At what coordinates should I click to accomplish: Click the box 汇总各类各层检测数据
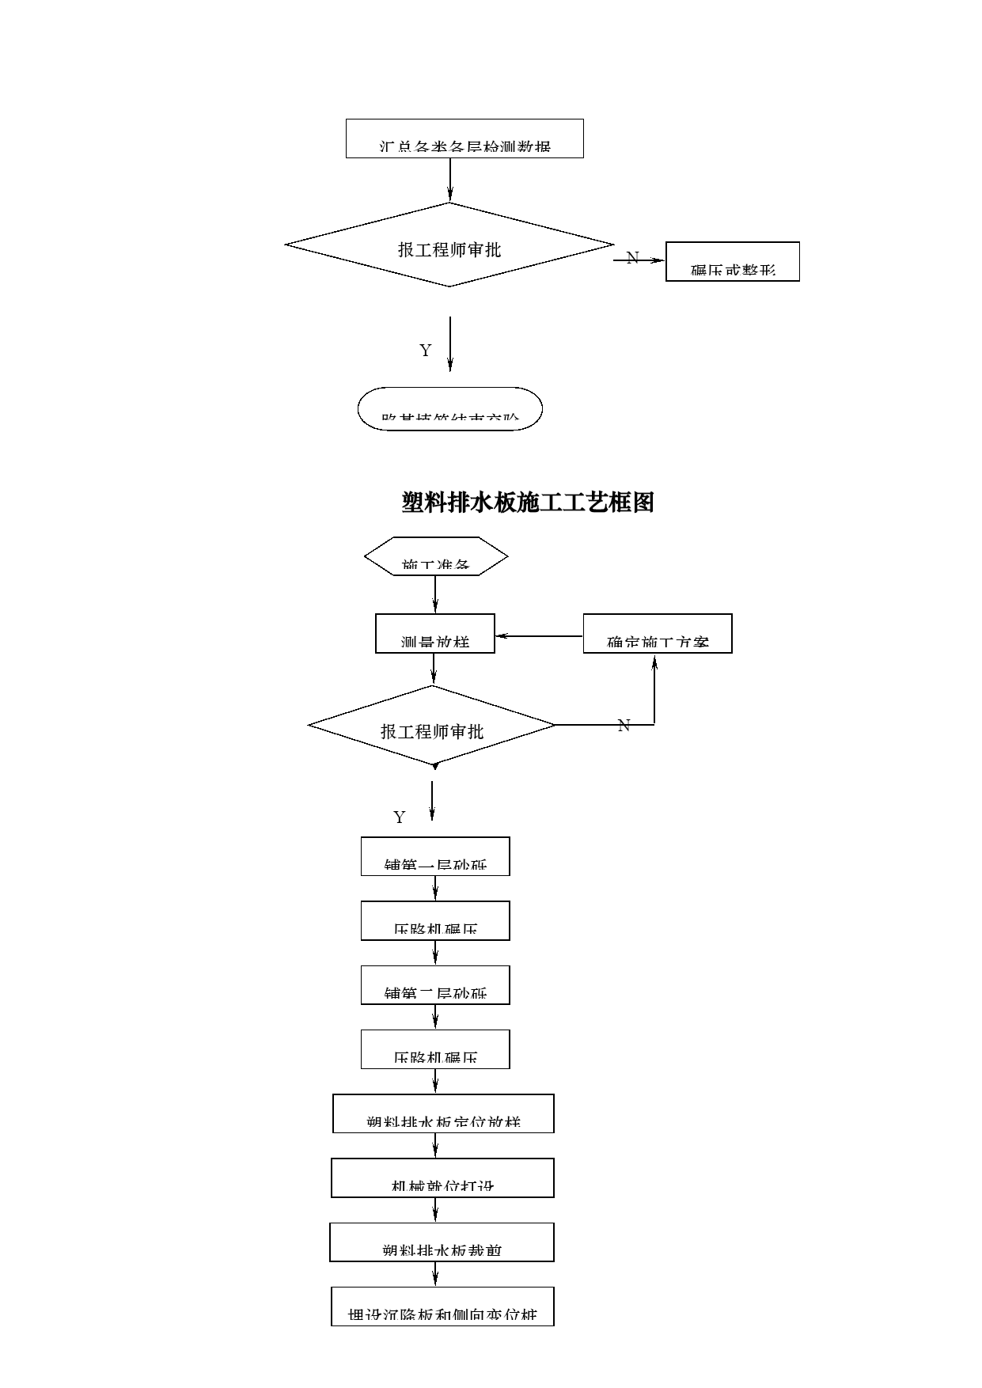pyautogui.click(x=464, y=138)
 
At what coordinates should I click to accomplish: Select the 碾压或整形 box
pyautogui.click(x=732, y=261)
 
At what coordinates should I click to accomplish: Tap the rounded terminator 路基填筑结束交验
pyautogui.click(x=449, y=409)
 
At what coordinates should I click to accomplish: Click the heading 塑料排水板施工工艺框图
pyautogui.click(x=528, y=502)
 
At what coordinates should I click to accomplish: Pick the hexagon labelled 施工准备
pyautogui.click(x=435, y=556)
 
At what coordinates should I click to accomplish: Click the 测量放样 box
pyautogui.click(x=434, y=633)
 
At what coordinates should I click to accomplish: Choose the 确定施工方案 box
pyautogui.click(x=657, y=633)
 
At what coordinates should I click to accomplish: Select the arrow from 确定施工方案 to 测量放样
pyautogui.click(x=539, y=635)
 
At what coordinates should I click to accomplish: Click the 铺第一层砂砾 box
pyautogui.click(x=434, y=856)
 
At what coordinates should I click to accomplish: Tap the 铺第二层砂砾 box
pyautogui.click(x=434, y=984)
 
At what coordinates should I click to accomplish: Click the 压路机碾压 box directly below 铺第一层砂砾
pyautogui.click(x=434, y=920)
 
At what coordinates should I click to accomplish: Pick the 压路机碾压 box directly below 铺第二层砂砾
pyautogui.click(x=434, y=1049)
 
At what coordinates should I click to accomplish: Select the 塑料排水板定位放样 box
pyautogui.click(x=442, y=1113)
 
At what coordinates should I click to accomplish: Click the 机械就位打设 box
pyautogui.click(x=442, y=1178)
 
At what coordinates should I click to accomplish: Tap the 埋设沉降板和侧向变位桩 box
pyautogui.click(x=442, y=1306)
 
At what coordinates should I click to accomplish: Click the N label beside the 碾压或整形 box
pyautogui.click(x=632, y=258)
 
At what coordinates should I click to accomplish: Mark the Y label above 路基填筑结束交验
pyautogui.click(x=425, y=351)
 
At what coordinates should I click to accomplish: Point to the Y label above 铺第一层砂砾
pyautogui.click(x=399, y=817)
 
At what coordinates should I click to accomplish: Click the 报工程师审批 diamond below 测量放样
pyautogui.click(x=431, y=726)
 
